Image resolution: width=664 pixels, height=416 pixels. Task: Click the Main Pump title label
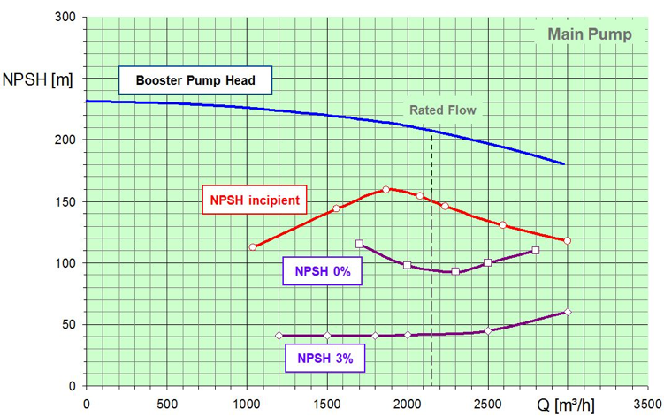pos(589,35)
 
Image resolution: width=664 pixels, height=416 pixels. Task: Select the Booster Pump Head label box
pos(195,81)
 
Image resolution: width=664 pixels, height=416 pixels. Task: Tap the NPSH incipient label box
pos(255,200)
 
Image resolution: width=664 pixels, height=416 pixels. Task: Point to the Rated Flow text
pos(442,110)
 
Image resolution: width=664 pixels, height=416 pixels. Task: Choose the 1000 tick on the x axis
pos(247,405)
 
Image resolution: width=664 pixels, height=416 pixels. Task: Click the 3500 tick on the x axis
pos(647,405)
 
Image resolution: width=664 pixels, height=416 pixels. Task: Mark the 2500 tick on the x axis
pos(487,405)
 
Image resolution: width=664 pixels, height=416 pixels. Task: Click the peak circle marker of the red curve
pos(386,189)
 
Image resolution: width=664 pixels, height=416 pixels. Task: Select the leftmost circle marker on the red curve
pos(253,246)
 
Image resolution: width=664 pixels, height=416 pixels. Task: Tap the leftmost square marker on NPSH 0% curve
pos(359,244)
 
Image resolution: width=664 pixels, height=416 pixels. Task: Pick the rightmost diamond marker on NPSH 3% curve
pos(568,312)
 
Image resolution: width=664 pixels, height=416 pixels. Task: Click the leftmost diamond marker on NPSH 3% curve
pos(279,336)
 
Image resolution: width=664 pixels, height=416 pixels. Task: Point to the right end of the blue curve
pos(564,164)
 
